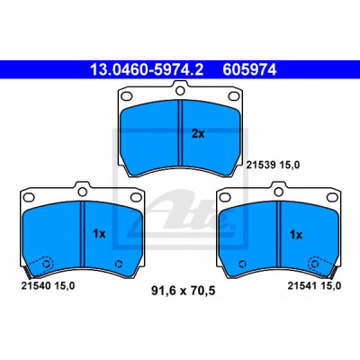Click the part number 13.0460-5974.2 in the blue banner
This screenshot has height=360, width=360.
click(147, 70)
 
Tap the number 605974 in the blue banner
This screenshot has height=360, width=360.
click(249, 70)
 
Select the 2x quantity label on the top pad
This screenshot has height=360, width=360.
click(198, 134)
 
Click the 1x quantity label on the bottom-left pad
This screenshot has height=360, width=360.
click(99, 233)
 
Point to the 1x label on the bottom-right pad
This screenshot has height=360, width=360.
click(296, 235)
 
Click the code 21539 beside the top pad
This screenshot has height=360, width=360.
click(260, 165)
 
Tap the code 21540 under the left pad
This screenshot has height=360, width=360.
click(35, 286)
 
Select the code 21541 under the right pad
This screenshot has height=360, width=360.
click(302, 286)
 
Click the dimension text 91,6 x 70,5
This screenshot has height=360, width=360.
click(184, 291)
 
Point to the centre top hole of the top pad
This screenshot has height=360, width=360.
click(180, 90)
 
